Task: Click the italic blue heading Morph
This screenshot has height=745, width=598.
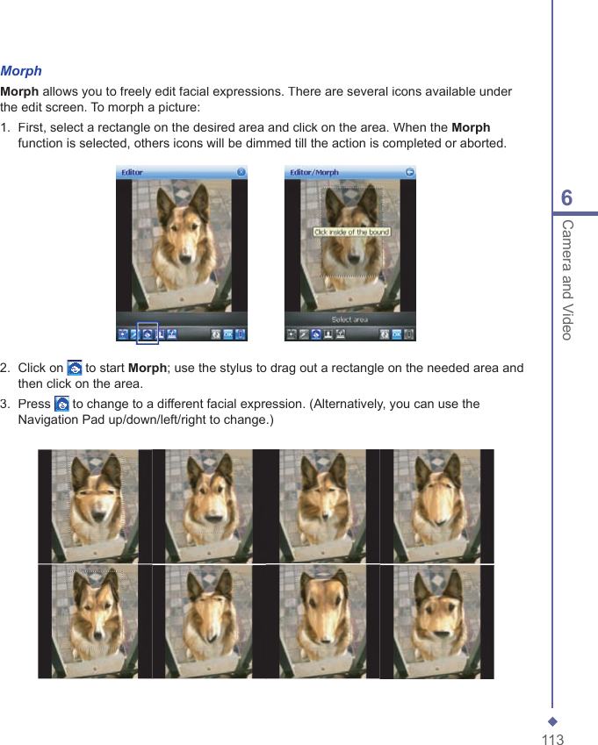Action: point(21,71)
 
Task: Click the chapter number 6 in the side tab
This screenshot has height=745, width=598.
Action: point(566,198)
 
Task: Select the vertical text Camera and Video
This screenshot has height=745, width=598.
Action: point(567,279)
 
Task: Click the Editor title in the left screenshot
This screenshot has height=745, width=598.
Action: point(133,172)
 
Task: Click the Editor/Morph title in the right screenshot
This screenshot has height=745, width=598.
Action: point(314,172)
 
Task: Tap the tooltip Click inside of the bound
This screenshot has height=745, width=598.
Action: point(351,233)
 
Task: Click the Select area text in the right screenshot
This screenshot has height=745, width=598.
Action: point(349,319)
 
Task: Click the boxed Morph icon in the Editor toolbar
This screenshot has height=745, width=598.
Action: point(148,334)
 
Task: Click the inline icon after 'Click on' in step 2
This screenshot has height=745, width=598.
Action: point(75,369)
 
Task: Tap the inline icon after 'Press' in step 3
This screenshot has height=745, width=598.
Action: point(61,405)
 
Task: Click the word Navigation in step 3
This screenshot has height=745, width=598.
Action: point(47,420)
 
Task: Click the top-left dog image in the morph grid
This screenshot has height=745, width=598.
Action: point(95,506)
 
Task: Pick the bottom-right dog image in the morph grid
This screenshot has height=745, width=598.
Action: point(436,621)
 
